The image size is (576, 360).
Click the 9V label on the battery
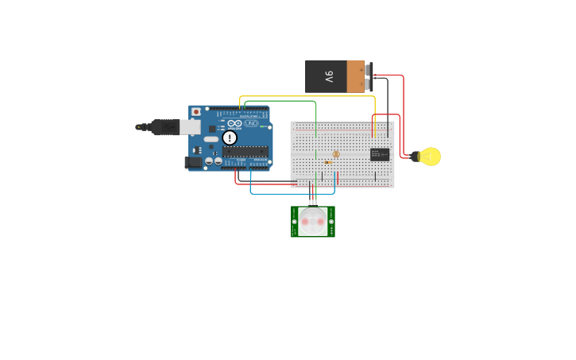click(329, 77)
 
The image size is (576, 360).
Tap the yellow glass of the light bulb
click(431, 157)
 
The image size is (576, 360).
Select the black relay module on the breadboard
click(380, 154)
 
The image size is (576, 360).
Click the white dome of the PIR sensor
click(313, 222)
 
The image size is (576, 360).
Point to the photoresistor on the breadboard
click(336, 154)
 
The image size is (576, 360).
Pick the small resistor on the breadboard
click(328, 162)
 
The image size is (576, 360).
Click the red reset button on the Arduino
click(196, 112)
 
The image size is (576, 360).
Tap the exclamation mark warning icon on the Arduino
click(230, 137)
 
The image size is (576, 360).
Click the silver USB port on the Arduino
click(190, 127)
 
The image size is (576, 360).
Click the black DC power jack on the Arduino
click(192, 162)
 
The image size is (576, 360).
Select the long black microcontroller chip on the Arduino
click(245, 151)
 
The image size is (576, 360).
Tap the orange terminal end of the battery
click(356, 77)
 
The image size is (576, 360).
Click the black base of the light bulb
click(416, 157)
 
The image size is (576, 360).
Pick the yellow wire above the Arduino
click(310, 97)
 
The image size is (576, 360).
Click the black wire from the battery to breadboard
click(388, 103)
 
